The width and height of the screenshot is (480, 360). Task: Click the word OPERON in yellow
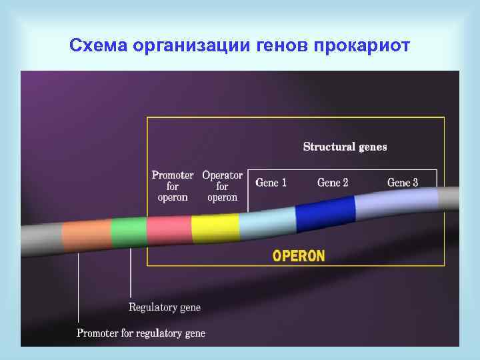tap(299, 256)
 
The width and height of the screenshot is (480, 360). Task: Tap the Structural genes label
tap(345, 147)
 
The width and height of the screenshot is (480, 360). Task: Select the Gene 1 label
tap(271, 183)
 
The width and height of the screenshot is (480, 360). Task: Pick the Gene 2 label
tap(333, 183)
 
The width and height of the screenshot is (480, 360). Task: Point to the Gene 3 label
tap(403, 183)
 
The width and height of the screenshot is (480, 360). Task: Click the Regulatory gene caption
tap(164, 307)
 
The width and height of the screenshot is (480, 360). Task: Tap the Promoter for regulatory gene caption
tap(141, 333)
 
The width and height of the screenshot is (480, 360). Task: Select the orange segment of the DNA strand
tap(87, 234)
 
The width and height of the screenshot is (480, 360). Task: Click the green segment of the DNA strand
tap(129, 231)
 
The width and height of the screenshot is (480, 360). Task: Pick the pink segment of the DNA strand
tap(169, 229)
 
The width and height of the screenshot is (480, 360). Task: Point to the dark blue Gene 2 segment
tap(325, 213)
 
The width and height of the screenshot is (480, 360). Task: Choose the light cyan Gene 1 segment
tap(267, 221)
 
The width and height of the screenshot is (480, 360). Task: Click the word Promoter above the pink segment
tap(173, 175)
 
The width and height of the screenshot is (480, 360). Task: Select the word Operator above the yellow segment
tap(222, 175)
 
